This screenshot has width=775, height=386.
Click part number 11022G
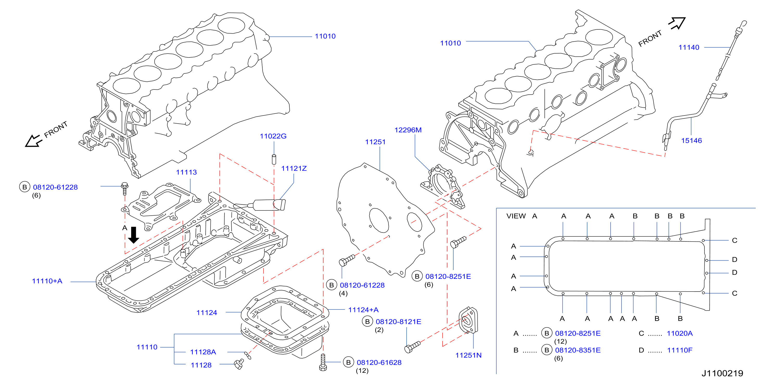pos(273,136)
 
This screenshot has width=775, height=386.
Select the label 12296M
pos(408,130)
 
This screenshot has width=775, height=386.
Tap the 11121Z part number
pos(294,168)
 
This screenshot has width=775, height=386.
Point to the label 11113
pos(186,172)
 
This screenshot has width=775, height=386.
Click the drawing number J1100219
pos(722,373)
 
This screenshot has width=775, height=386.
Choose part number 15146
pos(691,141)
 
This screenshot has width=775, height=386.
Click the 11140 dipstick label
pos(689,48)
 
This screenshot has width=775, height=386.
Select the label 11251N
pos(468,355)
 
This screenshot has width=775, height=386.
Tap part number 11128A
pos(203,352)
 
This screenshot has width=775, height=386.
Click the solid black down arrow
pos(134,235)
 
